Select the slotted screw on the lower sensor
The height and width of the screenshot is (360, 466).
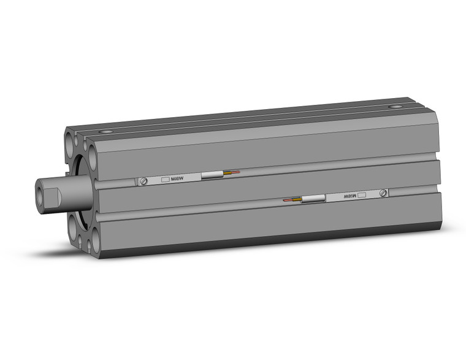coord(383,193)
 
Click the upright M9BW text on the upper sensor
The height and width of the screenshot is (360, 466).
coord(177,178)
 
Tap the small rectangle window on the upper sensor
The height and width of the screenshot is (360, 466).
coord(164,180)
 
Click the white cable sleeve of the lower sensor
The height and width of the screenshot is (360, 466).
coord(313,199)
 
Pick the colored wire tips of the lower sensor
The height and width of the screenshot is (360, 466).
coord(292,201)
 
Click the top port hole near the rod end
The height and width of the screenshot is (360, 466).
coord(109,131)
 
